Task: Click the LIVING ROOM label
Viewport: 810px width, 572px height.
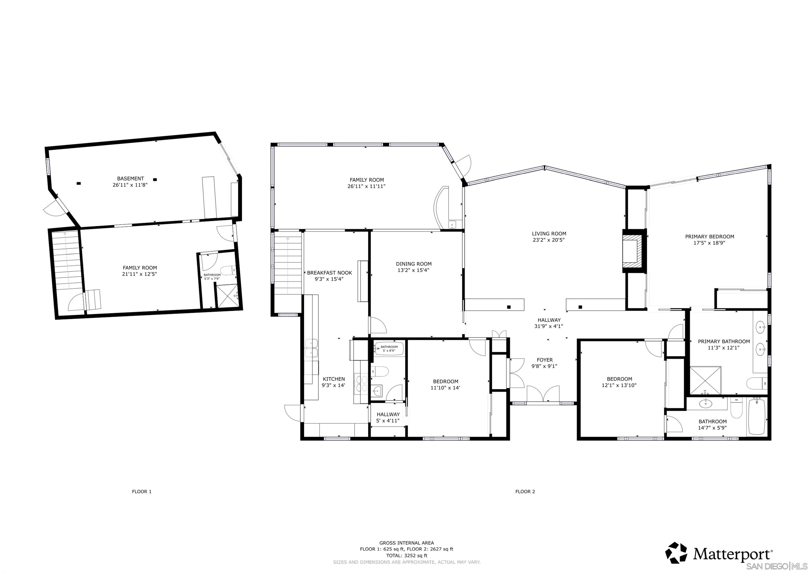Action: point(549,234)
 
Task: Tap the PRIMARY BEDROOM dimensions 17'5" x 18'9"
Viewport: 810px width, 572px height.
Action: point(710,243)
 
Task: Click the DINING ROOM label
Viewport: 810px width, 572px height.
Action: point(413,264)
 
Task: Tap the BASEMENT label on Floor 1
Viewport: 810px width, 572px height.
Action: point(130,179)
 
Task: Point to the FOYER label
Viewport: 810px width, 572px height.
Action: point(544,360)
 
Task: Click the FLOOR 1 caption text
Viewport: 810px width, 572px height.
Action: point(142,492)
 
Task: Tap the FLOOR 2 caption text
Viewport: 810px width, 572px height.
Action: point(525,492)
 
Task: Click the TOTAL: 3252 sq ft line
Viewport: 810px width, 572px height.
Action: point(406,556)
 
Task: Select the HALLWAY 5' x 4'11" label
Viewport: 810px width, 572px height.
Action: point(388,417)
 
